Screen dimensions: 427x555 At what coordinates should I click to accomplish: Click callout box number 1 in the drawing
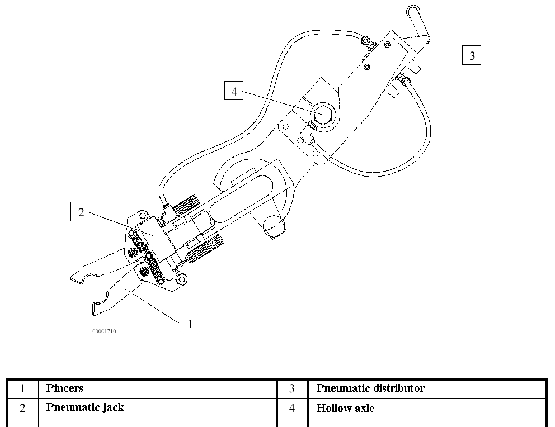[189, 323]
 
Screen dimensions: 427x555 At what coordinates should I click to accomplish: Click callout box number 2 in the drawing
[81, 212]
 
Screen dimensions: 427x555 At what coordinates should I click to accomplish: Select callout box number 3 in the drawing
[472, 55]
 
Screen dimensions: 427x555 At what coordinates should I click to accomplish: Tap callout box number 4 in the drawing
[234, 91]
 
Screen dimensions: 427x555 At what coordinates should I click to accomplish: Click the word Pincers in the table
[65, 388]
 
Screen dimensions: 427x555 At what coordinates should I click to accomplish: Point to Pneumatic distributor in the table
[370, 388]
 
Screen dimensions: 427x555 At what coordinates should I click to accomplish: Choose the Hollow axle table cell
[345, 408]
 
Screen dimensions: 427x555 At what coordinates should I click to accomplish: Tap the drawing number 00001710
[104, 331]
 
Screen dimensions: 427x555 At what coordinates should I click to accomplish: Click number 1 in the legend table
[23, 388]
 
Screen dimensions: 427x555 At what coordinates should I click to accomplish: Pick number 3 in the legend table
[292, 388]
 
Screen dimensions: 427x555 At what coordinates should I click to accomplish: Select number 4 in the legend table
[292, 409]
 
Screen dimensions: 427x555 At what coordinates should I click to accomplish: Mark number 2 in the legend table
[23, 409]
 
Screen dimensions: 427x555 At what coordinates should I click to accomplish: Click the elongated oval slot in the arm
[246, 193]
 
